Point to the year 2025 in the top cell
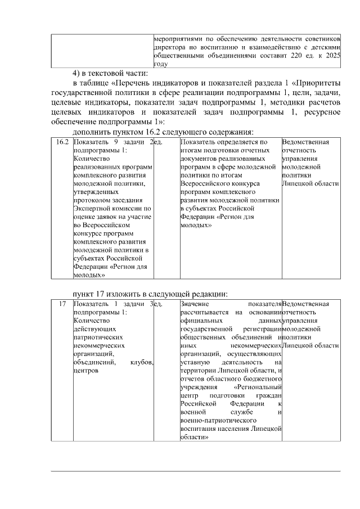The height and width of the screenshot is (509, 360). pos(333,56)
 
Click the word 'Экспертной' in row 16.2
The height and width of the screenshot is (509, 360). pos(92,208)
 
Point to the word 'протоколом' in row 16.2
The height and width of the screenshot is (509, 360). pos(92,200)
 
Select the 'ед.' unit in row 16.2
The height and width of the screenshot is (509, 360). pos(158,143)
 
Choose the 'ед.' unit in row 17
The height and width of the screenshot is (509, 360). pos(158,304)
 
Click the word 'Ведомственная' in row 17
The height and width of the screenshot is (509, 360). pos(305,304)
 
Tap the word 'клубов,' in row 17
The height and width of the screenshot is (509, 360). pos(142,362)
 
